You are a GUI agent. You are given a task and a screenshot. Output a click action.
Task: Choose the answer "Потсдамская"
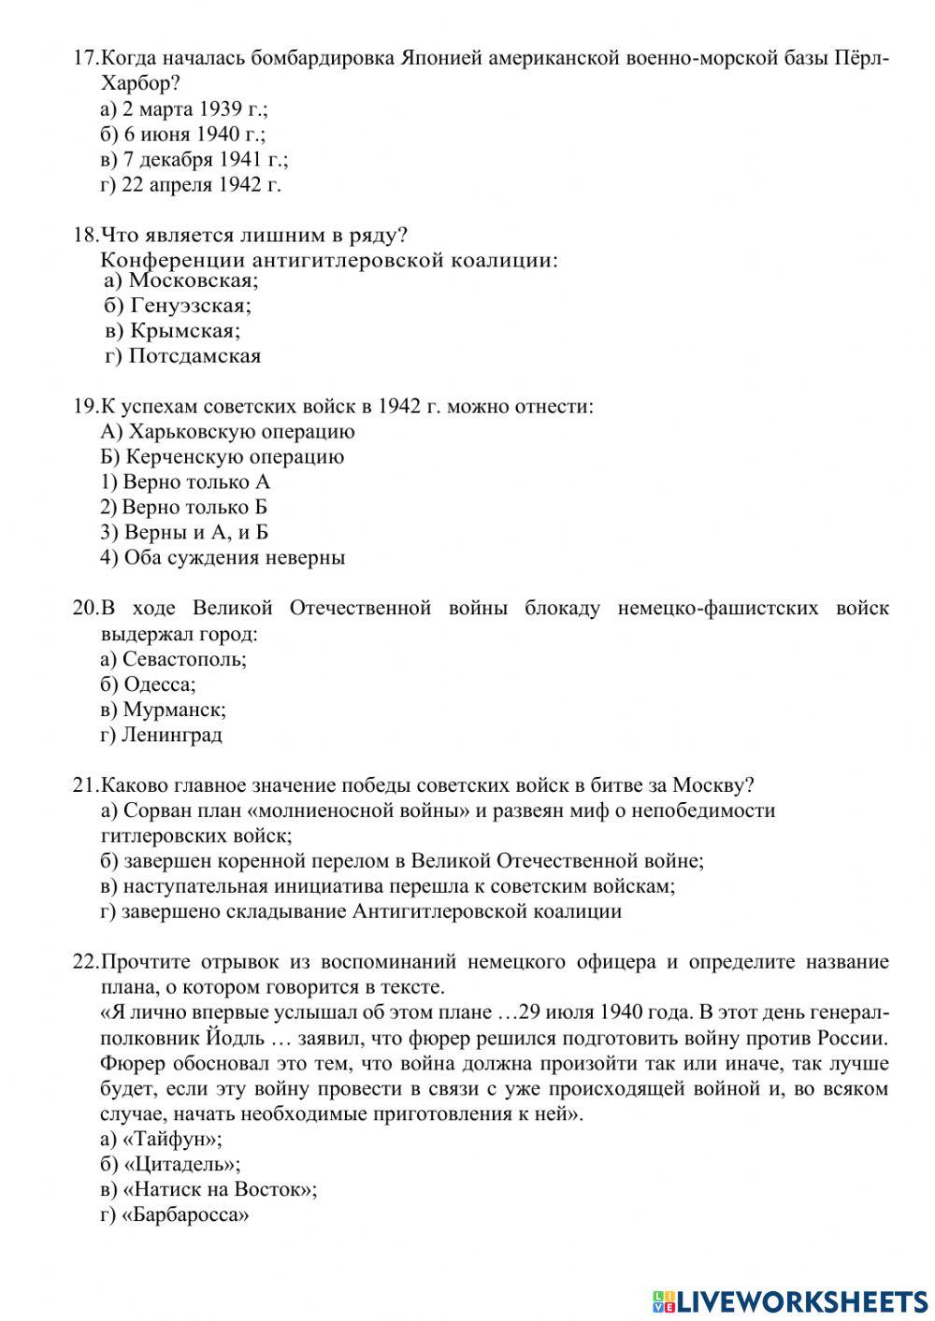tap(194, 356)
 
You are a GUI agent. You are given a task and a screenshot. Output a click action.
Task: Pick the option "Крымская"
tap(184, 331)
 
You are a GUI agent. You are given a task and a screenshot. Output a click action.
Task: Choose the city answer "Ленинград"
tap(172, 735)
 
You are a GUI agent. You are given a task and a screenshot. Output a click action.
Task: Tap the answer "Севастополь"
tap(184, 659)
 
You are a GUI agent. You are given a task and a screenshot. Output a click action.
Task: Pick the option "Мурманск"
tap(174, 710)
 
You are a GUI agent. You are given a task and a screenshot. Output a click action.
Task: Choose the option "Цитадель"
tap(181, 1165)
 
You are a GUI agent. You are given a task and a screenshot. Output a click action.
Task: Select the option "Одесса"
tap(160, 684)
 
